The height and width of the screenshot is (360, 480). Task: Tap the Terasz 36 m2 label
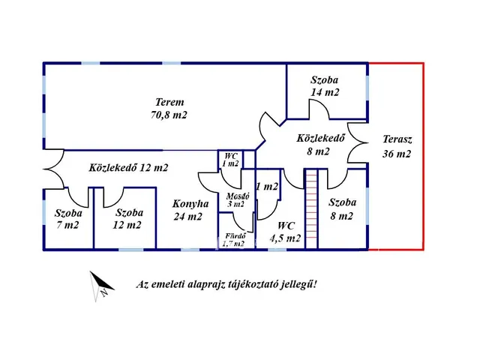click(397, 146)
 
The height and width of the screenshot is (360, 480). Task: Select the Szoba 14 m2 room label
click(325, 85)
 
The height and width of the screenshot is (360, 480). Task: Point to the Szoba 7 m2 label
click(67, 218)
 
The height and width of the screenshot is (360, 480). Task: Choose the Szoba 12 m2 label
click(127, 218)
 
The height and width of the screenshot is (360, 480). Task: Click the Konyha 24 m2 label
click(187, 210)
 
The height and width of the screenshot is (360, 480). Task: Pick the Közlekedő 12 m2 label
click(128, 168)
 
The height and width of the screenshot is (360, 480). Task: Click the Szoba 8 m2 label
click(343, 209)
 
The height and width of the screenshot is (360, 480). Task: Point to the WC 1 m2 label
click(230, 160)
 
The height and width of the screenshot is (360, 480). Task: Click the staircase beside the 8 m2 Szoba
click(313, 209)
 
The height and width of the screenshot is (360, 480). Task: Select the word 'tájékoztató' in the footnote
click(255, 284)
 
